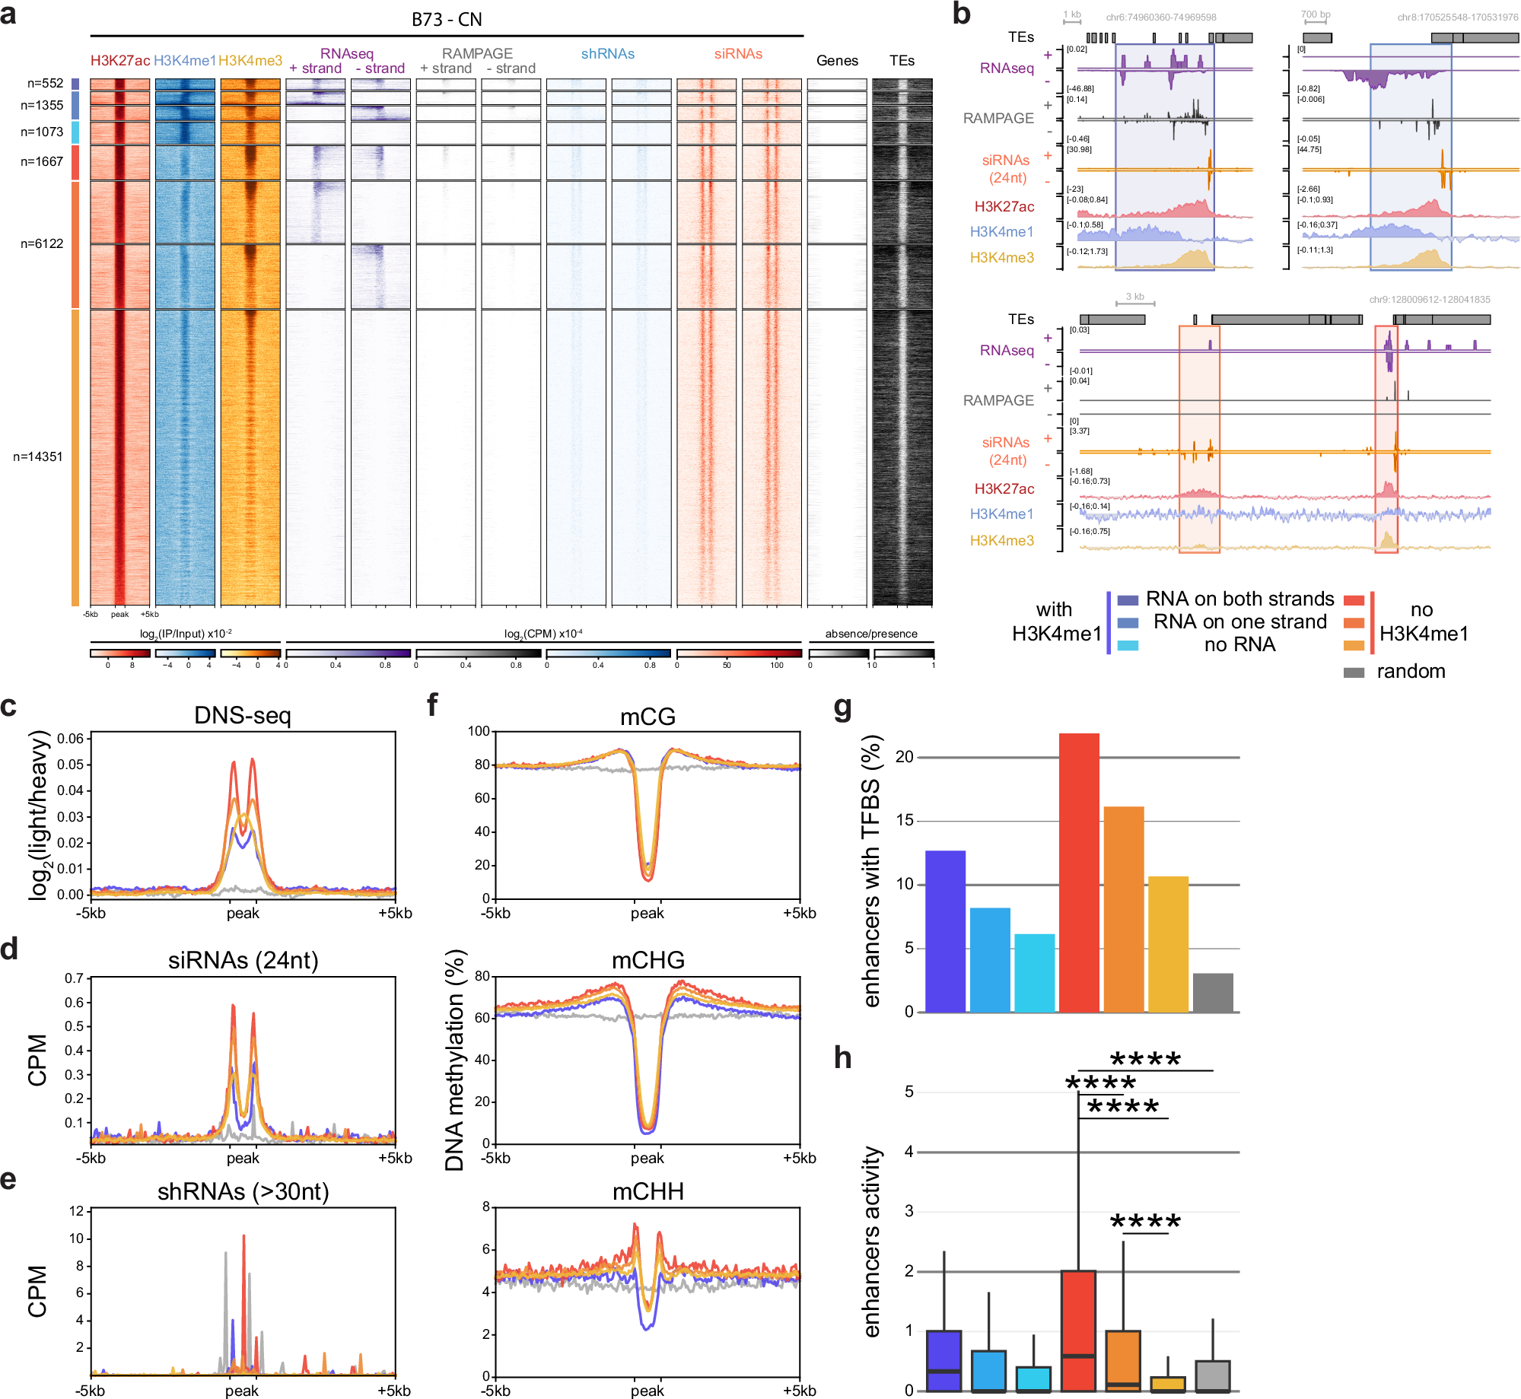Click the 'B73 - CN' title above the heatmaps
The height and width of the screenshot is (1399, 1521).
[x=447, y=20]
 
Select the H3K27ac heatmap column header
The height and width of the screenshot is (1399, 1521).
[x=119, y=61]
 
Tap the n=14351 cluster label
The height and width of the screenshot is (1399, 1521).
[x=38, y=456]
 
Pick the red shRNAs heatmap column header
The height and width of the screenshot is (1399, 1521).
[x=607, y=54]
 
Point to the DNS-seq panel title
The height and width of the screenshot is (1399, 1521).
[x=242, y=715]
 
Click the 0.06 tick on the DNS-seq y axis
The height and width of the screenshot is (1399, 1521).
[x=70, y=738]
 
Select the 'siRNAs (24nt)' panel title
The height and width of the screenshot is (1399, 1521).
[x=243, y=960]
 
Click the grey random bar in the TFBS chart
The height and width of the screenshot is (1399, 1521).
[x=1213, y=993]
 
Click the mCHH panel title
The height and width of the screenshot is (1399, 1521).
[x=648, y=1191]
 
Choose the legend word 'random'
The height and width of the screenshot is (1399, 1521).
[x=1410, y=671]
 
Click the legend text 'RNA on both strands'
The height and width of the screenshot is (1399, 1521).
[x=1239, y=599]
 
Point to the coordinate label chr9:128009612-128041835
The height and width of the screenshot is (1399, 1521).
[x=1429, y=300]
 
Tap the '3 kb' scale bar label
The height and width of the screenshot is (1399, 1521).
[x=1134, y=297]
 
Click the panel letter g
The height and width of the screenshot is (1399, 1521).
[x=842, y=707]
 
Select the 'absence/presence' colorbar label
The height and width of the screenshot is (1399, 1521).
[x=870, y=634]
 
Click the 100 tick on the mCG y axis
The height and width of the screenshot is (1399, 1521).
[x=479, y=731]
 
